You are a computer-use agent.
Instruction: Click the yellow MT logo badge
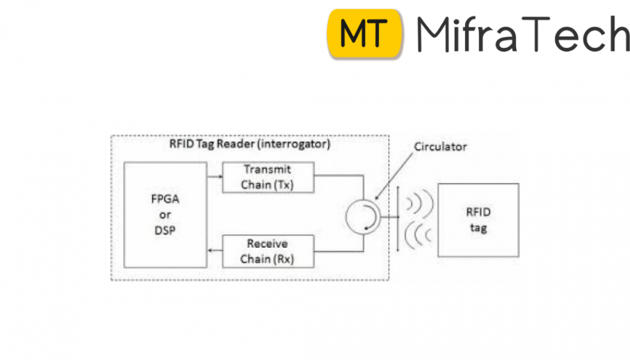(x=365, y=34)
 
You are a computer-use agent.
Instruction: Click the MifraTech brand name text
(x=522, y=35)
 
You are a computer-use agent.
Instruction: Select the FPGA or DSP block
(x=165, y=214)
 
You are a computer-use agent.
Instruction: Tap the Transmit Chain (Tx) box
(x=268, y=177)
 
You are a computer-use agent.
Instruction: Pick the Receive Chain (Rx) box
(x=268, y=251)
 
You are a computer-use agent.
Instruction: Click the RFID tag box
(x=478, y=219)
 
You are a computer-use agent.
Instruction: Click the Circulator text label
(x=440, y=147)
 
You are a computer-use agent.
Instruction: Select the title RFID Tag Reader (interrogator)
(x=249, y=143)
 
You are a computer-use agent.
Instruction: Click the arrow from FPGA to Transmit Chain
(x=215, y=176)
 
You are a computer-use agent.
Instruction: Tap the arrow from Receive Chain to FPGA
(x=215, y=251)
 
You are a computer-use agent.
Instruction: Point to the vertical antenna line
(x=398, y=218)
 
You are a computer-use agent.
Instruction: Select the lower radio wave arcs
(x=416, y=234)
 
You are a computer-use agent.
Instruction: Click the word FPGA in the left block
(x=165, y=200)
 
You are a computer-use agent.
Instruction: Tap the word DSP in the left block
(x=165, y=230)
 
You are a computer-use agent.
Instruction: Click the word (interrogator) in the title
(x=297, y=143)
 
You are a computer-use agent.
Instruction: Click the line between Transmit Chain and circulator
(x=340, y=177)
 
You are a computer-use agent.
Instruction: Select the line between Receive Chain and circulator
(x=340, y=251)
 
